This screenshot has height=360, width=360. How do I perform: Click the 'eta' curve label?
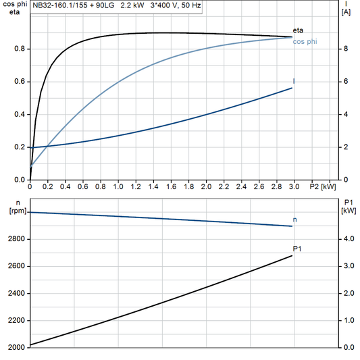click(x=298, y=30)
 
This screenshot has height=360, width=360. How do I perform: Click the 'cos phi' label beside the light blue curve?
click(x=305, y=42)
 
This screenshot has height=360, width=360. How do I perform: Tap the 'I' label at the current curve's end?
click(x=294, y=81)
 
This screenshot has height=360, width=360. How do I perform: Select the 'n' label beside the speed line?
click(x=295, y=220)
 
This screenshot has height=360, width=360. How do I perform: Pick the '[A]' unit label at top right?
click(x=345, y=12)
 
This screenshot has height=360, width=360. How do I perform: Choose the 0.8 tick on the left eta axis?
click(x=21, y=49)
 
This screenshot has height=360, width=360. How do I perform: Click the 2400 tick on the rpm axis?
click(x=16, y=294)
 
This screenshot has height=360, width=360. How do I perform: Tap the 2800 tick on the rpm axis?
click(x=16, y=239)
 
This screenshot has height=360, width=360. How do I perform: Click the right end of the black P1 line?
click(x=292, y=255)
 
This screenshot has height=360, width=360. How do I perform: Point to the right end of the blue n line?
click(x=292, y=226)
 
